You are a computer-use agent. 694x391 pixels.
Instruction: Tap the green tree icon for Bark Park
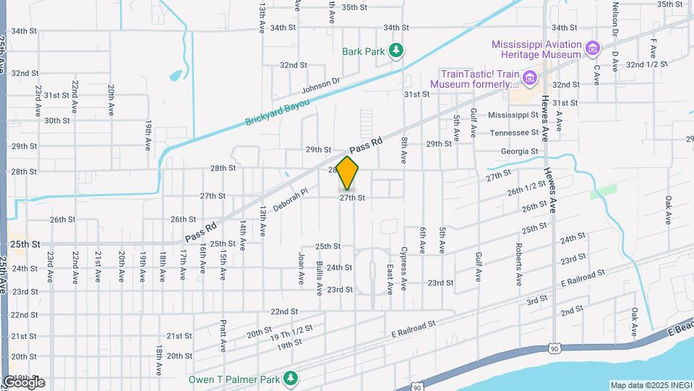tap(395, 51)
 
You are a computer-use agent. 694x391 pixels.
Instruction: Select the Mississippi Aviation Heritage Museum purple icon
tap(593, 49)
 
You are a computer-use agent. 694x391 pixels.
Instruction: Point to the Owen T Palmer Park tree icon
tap(291, 378)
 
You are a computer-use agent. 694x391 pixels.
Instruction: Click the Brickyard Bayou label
tap(277, 112)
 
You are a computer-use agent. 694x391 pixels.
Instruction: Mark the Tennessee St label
tap(514, 133)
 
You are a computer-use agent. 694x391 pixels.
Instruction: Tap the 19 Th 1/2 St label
tap(293, 332)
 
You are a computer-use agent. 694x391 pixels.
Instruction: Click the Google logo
tap(23, 382)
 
